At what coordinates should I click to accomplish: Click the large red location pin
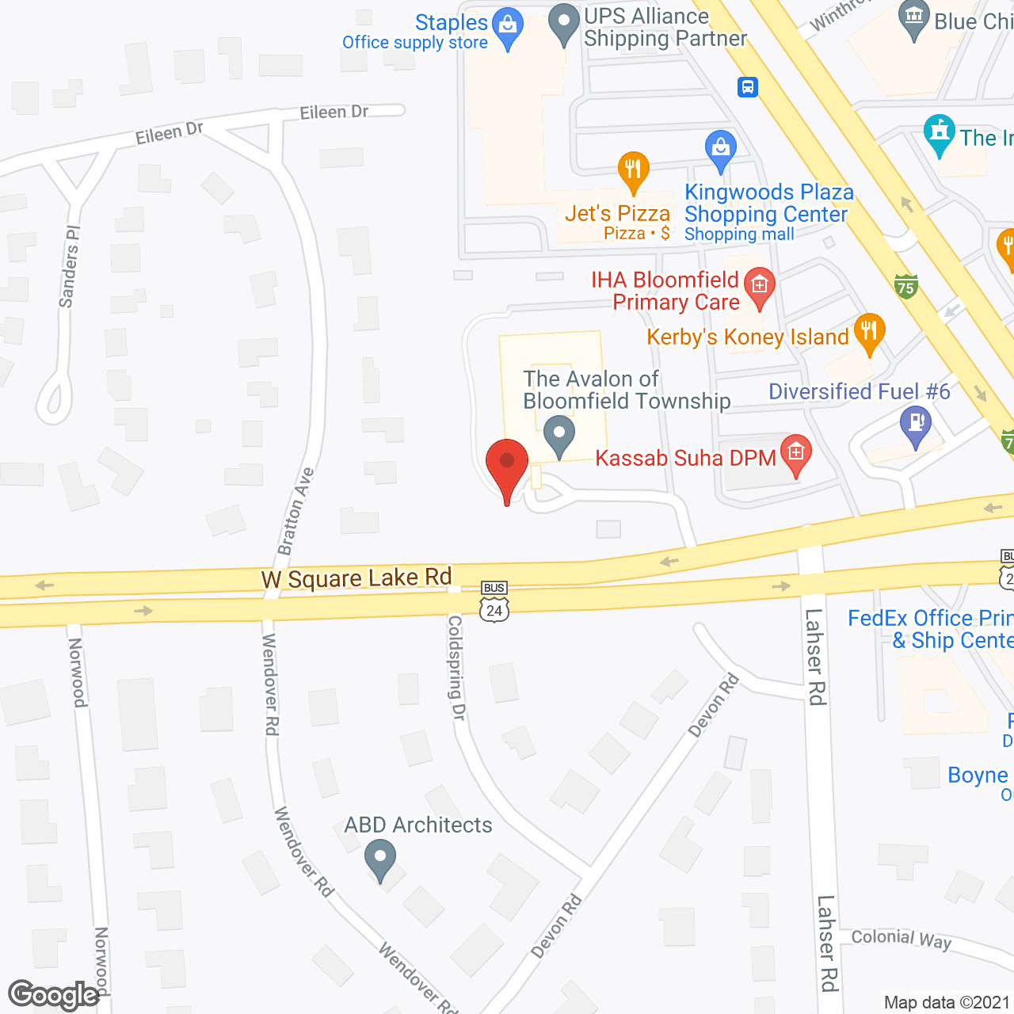(507, 466)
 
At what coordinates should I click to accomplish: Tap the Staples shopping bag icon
(507, 26)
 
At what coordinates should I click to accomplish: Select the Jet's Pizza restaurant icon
(633, 170)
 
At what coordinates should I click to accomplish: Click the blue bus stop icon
(747, 86)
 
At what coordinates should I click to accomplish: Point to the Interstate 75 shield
(906, 286)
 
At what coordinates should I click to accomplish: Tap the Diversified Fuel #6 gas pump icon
(916, 423)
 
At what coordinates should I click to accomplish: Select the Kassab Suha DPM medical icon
(796, 453)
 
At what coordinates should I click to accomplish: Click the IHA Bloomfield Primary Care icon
(760, 285)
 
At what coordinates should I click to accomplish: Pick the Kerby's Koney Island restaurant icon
(869, 331)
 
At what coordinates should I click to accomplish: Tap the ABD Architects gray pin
(381, 858)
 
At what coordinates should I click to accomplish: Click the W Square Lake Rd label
(356, 578)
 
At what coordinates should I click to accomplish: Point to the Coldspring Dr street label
(456, 668)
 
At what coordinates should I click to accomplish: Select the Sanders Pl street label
(70, 266)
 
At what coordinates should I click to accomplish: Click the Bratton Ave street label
(295, 512)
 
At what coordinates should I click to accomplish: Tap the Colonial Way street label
(901, 940)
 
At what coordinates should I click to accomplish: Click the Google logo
(54, 995)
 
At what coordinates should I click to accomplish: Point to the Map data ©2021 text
(947, 1003)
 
